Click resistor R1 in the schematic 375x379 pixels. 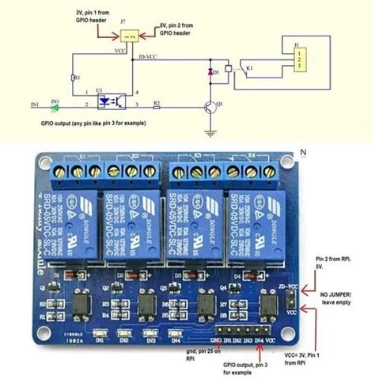point(73,78)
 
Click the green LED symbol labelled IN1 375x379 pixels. point(55,104)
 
